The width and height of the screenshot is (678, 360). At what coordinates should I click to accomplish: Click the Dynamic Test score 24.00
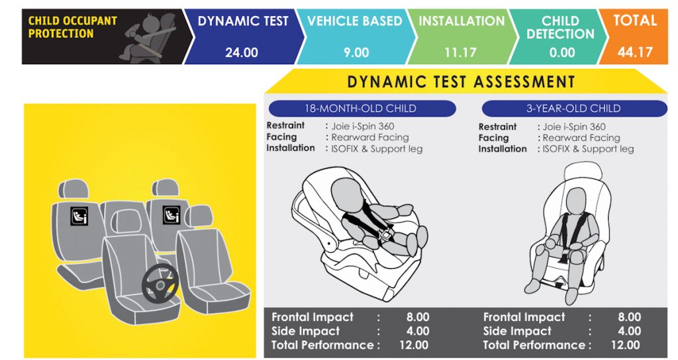pos(241,52)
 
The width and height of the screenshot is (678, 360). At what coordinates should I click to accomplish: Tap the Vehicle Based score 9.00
pos(356,52)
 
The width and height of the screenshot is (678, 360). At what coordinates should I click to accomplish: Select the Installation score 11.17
pos(460,52)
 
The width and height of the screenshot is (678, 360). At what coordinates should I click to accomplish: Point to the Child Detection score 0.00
pos(562,52)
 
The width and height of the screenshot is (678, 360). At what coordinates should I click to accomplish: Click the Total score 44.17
pos(635,52)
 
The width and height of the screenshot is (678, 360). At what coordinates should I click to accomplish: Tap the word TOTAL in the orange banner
pos(635,21)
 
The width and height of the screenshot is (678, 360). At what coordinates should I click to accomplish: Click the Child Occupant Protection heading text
pos(73,26)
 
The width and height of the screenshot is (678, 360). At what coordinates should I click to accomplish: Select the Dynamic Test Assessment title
pos(461,81)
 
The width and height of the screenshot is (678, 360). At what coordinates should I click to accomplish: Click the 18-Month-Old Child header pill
pos(362,108)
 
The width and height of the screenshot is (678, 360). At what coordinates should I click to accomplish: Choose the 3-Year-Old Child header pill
pos(574,108)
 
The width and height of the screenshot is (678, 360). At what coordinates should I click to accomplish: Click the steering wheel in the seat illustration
pos(160,283)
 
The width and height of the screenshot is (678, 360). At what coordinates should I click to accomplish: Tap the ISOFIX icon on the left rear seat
pos(79,216)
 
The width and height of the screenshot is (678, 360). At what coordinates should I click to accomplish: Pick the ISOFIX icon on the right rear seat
pos(171,215)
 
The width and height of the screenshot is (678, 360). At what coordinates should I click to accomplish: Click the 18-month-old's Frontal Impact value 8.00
pos(418,317)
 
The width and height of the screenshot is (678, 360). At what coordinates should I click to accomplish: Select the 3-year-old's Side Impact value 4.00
pos(629,331)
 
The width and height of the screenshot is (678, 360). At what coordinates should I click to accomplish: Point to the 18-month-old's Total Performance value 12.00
pos(414,345)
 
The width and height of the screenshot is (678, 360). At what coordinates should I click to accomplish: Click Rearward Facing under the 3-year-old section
pos(581,138)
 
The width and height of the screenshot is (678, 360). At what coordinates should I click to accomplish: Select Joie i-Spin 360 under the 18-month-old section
pos(363,126)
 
